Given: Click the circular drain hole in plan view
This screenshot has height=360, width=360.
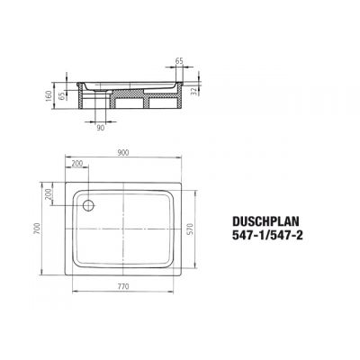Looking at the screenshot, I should click(89, 206).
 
